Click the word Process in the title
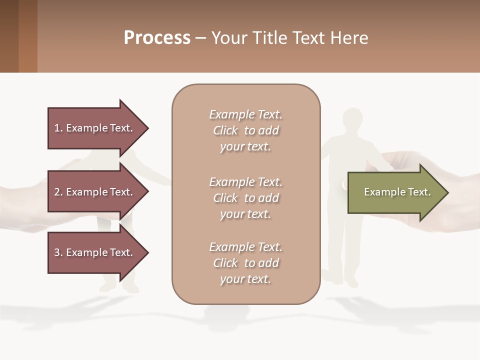[157, 38]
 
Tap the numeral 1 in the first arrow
[57, 128]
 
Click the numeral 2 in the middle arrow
[57, 192]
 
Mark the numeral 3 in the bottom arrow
[57, 252]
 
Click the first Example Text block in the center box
[245, 130]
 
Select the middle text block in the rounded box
[245, 197]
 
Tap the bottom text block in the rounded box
[245, 263]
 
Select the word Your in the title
[228, 38]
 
